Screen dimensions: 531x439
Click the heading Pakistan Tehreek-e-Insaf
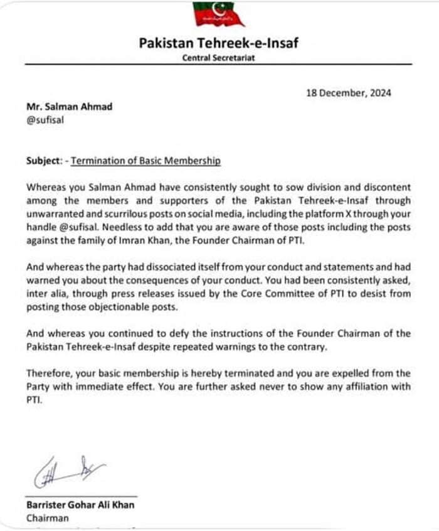pos(219,44)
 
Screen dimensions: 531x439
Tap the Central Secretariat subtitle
pos(219,57)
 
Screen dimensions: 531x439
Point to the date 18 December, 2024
pos(349,93)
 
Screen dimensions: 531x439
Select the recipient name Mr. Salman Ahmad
pos(70,106)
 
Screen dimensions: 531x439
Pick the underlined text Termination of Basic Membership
pos(145,161)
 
